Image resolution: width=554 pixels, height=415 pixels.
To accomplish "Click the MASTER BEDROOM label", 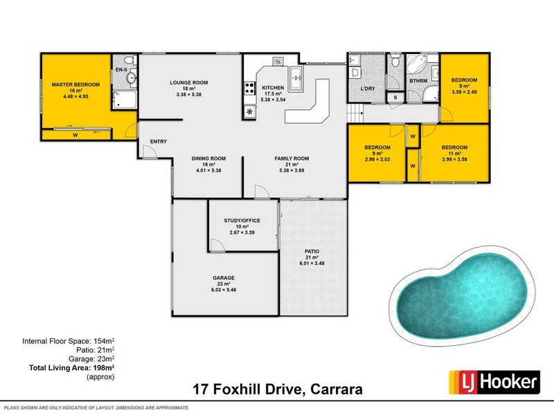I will click(x=76, y=84).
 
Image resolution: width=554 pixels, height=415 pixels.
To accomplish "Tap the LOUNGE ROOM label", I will click(x=190, y=82).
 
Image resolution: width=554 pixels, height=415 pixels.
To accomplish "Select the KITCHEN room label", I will click(x=273, y=88).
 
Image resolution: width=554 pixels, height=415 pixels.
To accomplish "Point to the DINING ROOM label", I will click(x=209, y=158).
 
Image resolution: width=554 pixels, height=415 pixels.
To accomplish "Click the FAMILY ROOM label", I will click(x=292, y=158).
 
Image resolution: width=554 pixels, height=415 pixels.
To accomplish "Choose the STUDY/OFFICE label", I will click(x=242, y=221).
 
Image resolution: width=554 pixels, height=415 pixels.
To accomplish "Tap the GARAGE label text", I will click(x=224, y=277).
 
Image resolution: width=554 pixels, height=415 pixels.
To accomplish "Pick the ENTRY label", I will click(x=159, y=142).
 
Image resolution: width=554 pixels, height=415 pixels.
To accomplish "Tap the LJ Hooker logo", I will click(x=494, y=382).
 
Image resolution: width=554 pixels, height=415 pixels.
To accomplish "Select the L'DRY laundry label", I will click(x=368, y=89).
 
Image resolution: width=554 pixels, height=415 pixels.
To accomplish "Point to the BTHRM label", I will click(x=418, y=81).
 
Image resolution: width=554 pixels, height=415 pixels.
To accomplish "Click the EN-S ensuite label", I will click(x=121, y=71).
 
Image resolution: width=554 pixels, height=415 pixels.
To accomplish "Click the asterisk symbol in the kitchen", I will click(x=249, y=111).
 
